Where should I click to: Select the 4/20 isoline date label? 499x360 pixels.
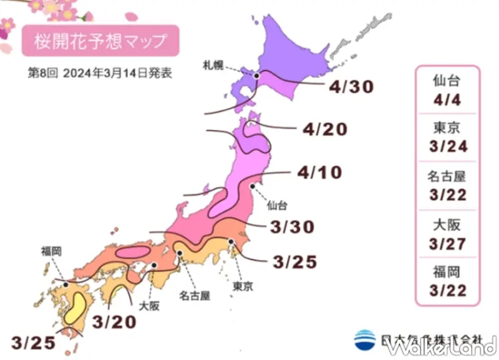pyautogui.click(x=324, y=130)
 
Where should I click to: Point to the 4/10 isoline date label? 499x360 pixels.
pyautogui.click(x=319, y=172)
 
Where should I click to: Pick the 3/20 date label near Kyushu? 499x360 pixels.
pyautogui.click(x=114, y=323)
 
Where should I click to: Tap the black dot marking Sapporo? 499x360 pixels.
pyautogui.click(x=256, y=76)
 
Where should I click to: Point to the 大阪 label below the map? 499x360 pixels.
pyautogui.click(x=149, y=307)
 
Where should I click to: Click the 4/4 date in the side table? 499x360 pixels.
pyautogui.click(x=448, y=99)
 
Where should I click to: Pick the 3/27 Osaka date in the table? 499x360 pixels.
pyautogui.click(x=448, y=243)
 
